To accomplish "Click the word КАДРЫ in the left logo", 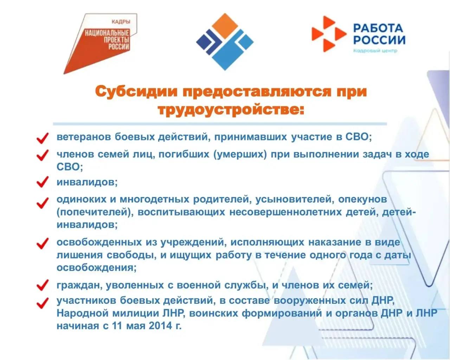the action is click(121, 21).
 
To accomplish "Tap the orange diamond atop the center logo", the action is click(225, 26).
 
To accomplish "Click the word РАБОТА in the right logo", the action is click(378, 28).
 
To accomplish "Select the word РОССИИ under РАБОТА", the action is click(379, 40).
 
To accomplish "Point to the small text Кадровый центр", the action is click(375, 51).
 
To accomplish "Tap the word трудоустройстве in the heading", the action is click(231, 109).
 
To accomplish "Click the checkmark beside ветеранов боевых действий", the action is click(43, 138).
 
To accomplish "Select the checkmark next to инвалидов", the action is click(43, 181).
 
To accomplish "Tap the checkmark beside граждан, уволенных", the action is click(43, 285).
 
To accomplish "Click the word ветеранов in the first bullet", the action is click(83, 137).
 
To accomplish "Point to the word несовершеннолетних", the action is click(285, 212).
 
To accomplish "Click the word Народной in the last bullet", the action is click(82, 313).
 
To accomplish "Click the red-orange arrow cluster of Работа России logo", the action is click(329, 34).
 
